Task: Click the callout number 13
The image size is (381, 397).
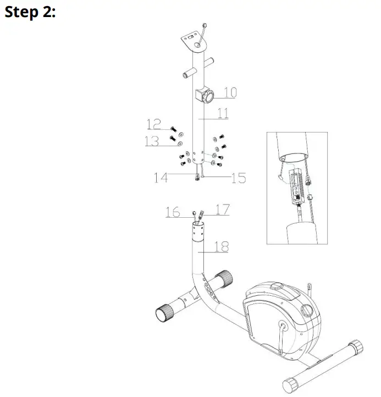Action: point(152,141)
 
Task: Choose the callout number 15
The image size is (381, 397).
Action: point(238,178)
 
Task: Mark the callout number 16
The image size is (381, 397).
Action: point(173,212)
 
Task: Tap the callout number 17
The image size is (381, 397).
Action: point(222,209)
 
